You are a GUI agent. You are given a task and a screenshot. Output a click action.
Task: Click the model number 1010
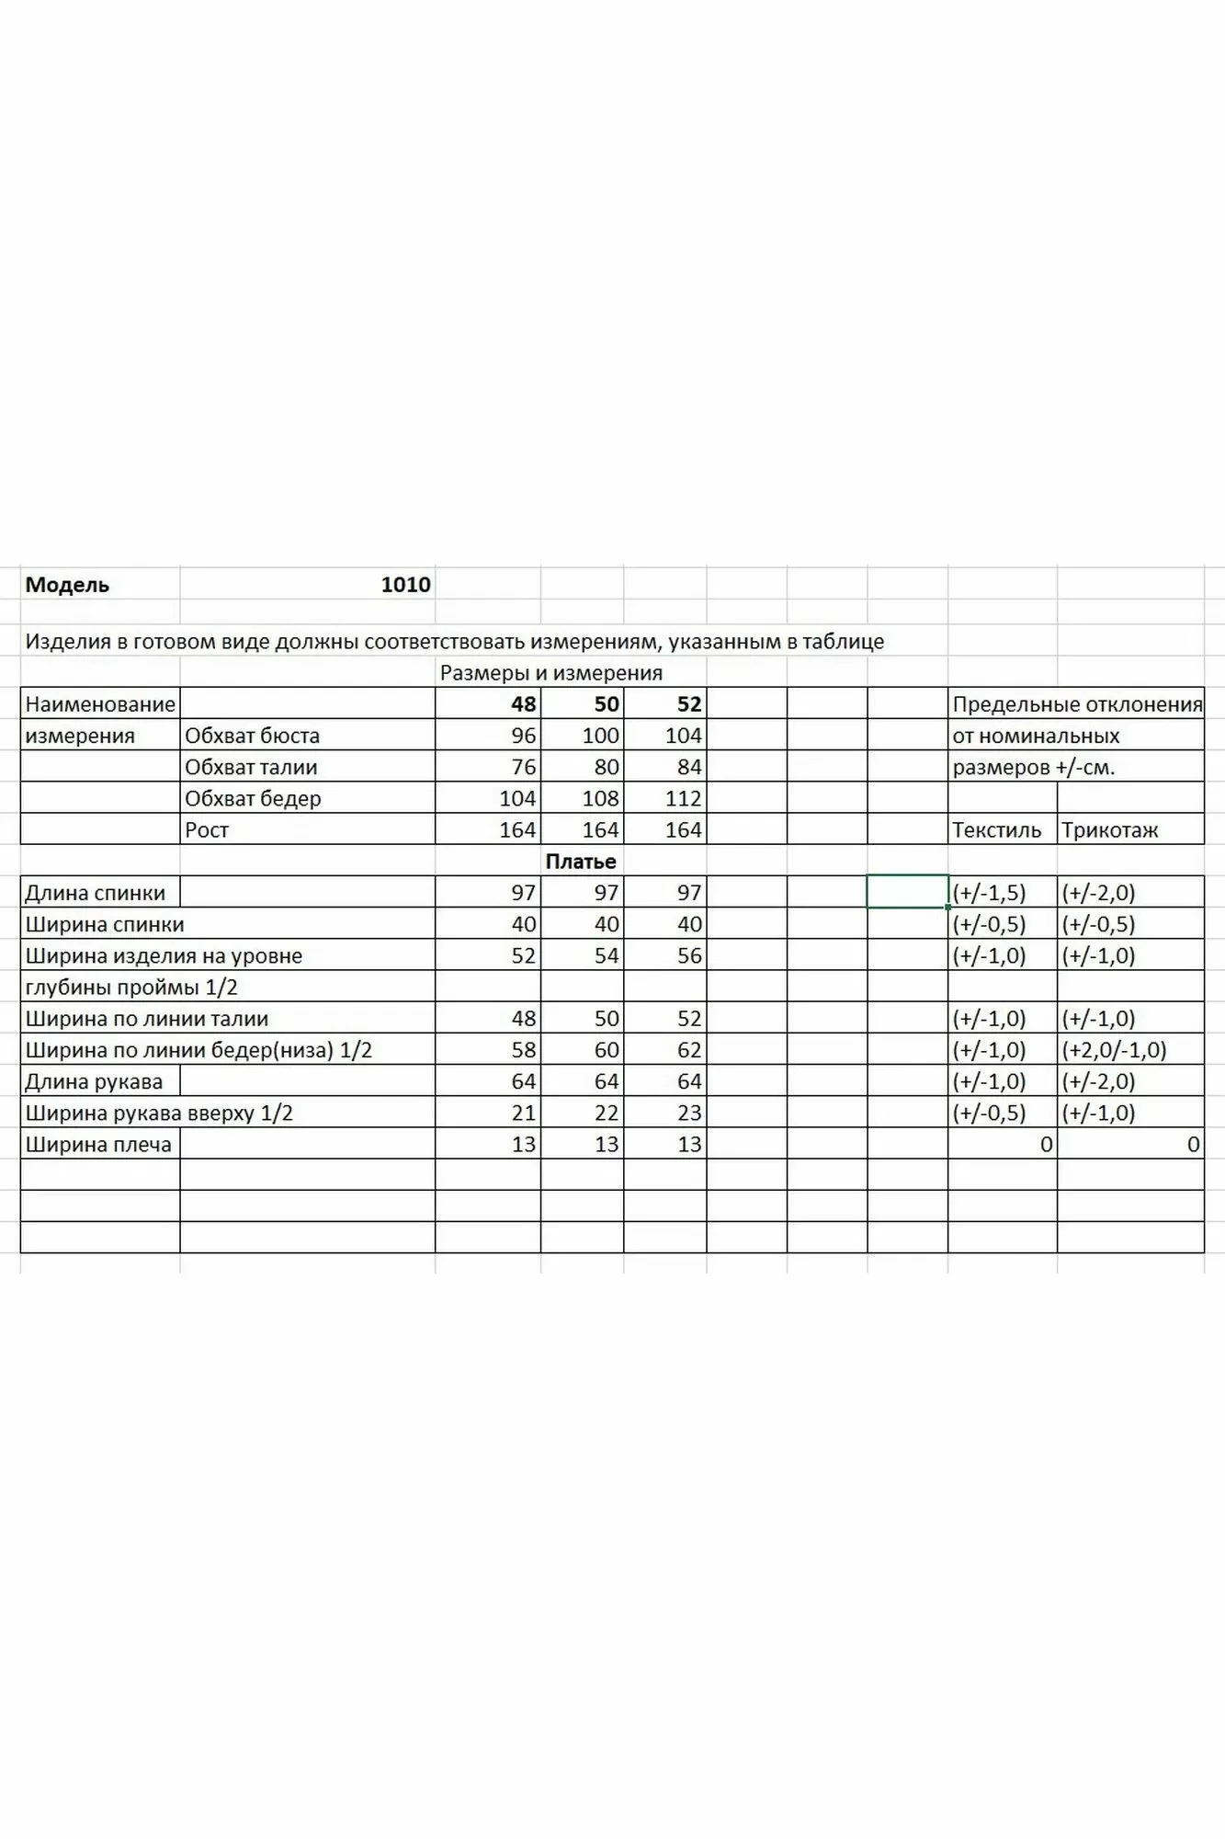click(x=405, y=585)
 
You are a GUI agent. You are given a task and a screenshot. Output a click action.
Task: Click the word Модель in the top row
click(x=67, y=585)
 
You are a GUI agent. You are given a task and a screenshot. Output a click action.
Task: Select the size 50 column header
click(x=607, y=704)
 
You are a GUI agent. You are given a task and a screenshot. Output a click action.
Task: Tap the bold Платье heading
click(x=581, y=862)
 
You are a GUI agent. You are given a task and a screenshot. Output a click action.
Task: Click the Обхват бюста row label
click(x=252, y=736)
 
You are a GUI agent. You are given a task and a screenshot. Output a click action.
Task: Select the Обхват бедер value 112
click(x=683, y=798)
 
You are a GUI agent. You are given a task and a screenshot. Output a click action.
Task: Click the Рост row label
click(x=207, y=829)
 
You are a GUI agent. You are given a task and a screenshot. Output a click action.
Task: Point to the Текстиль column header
click(x=996, y=829)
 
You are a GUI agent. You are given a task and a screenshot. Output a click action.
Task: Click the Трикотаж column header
click(x=1109, y=829)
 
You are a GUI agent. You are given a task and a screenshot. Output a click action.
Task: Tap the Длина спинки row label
click(x=96, y=893)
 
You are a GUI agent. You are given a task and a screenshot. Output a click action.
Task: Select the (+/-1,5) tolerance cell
click(x=989, y=893)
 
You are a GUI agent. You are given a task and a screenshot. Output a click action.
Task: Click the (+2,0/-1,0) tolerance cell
click(x=1114, y=1050)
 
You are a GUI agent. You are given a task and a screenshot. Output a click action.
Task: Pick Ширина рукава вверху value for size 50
click(x=607, y=1113)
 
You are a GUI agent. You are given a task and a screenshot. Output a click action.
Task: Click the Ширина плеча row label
click(x=98, y=1145)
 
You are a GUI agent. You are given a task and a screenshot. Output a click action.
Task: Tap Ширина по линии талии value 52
click(x=688, y=1019)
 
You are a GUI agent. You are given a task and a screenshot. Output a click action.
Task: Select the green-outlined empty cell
click(x=907, y=892)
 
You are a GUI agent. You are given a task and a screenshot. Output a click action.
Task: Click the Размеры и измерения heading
click(x=551, y=673)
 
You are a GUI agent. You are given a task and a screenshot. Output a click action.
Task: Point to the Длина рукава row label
click(x=94, y=1081)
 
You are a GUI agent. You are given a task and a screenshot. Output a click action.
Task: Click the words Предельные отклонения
click(x=1077, y=704)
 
